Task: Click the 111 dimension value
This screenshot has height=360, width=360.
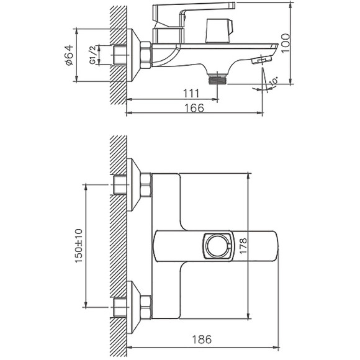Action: [x=191, y=94]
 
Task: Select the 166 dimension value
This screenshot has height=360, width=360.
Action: [x=195, y=108]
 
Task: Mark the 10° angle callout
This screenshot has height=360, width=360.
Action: [x=274, y=82]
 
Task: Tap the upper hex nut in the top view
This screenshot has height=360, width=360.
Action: [x=146, y=185]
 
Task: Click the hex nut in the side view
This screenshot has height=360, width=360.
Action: [x=146, y=55]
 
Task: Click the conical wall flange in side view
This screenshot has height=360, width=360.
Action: [x=134, y=55]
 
